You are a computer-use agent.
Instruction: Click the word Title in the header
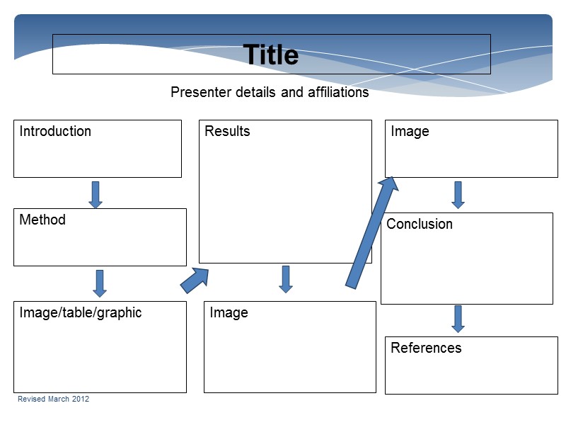pyautogui.click(x=271, y=55)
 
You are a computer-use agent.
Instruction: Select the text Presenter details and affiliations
pyautogui.click(x=270, y=92)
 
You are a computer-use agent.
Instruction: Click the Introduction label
pyautogui.click(x=55, y=131)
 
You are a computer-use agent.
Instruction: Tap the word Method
pyautogui.click(x=42, y=220)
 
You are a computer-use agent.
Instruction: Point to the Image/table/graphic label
pyautogui.click(x=81, y=312)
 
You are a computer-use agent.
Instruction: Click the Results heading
pyautogui.click(x=227, y=131)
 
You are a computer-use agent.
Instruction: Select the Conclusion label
pyautogui.click(x=420, y=224)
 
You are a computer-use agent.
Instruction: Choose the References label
pyautogui.click(x=426, y=348)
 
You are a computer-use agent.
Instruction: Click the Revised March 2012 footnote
pyautogui.click(x=53, y=399)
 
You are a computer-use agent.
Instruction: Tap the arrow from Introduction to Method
pyautogui.click(x=96, y=194)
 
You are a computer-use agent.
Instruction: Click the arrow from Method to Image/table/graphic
pyautogui.click(x=100, y=283)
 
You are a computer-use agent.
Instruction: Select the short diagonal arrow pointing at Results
pyautogui.click(x=195, y=279)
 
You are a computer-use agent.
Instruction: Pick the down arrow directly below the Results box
pyautogui.click(x=286, y=279)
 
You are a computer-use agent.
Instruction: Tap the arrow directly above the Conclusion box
pyautogui.click(x=458, y=195)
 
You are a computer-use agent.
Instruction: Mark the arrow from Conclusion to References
pyautogui.click(x=458, y=319)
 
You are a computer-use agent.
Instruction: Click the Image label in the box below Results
pyautogui.click(x=229, y=312)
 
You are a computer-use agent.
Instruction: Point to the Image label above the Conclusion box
pyautogui.click(x=410, y=131)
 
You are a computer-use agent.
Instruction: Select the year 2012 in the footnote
pyautogui.click(x=81, y=399)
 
